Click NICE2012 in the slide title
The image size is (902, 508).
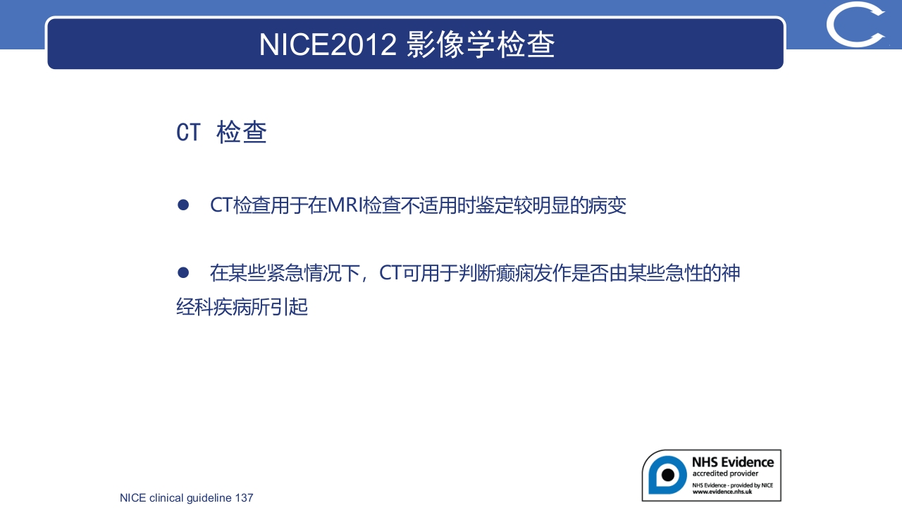328,44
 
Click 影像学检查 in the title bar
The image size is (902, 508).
481,44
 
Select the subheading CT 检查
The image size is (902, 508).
221,133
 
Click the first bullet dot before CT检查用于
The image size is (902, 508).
183,205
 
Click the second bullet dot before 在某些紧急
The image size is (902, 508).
183,272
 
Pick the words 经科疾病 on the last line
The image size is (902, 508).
209,308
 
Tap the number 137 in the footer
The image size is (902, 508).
244,498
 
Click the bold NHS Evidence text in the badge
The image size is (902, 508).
732,462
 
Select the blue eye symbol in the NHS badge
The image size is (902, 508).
666,475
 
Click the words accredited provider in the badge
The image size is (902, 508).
725,473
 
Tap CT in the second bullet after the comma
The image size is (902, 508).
390,273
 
